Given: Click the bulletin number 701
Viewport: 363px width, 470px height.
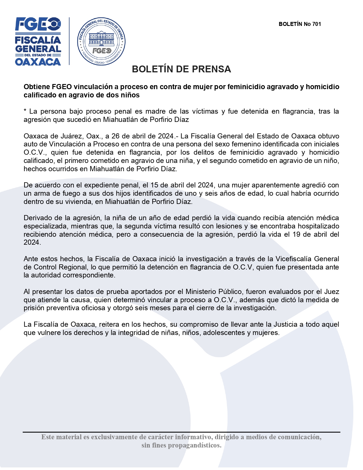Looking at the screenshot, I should (317, 24).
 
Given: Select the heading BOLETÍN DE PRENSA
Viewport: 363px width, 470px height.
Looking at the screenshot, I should (181, 69).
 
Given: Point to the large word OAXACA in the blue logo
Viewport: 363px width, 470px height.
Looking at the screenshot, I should (38, 62).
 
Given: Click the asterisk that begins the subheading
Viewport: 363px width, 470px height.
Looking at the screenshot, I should (25, 111).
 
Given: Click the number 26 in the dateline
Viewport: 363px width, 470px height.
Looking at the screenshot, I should (116, 136).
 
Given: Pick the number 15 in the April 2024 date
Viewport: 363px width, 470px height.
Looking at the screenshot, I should (154, 185).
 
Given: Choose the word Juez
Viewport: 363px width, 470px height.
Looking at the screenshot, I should (332, 292).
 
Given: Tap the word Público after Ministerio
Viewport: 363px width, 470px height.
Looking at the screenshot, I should (231, 292).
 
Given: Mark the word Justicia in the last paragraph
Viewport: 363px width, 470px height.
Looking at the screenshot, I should (286, 324).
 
